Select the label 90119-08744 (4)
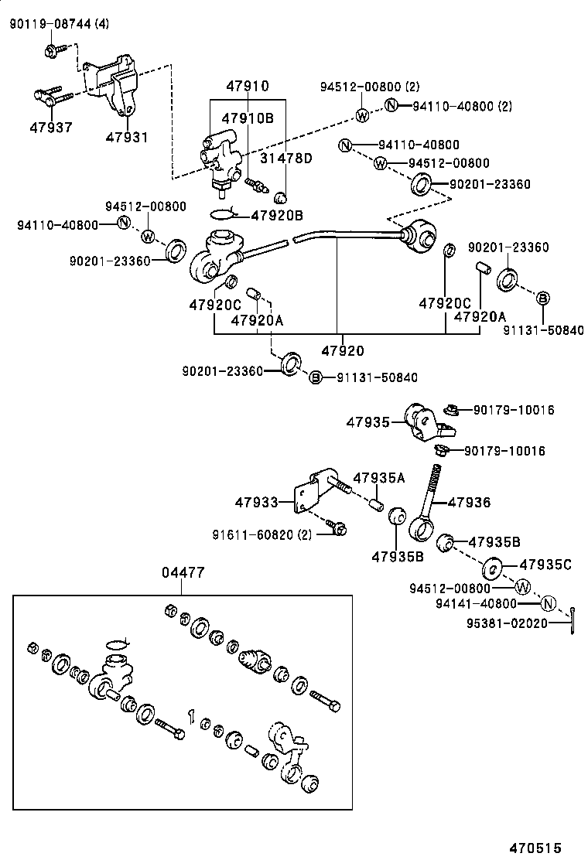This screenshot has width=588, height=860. click(59, 25)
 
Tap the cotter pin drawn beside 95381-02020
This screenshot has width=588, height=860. click(573, 616)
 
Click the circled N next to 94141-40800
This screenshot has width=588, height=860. click(548, 603)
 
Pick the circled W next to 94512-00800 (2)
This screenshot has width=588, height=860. click(361, 115)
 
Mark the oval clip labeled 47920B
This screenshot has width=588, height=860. click(221, 214)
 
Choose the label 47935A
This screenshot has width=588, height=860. click(379, 477)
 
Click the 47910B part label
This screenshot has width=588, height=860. click(248, 118)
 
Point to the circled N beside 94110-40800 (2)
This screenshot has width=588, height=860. click(391, 105)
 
